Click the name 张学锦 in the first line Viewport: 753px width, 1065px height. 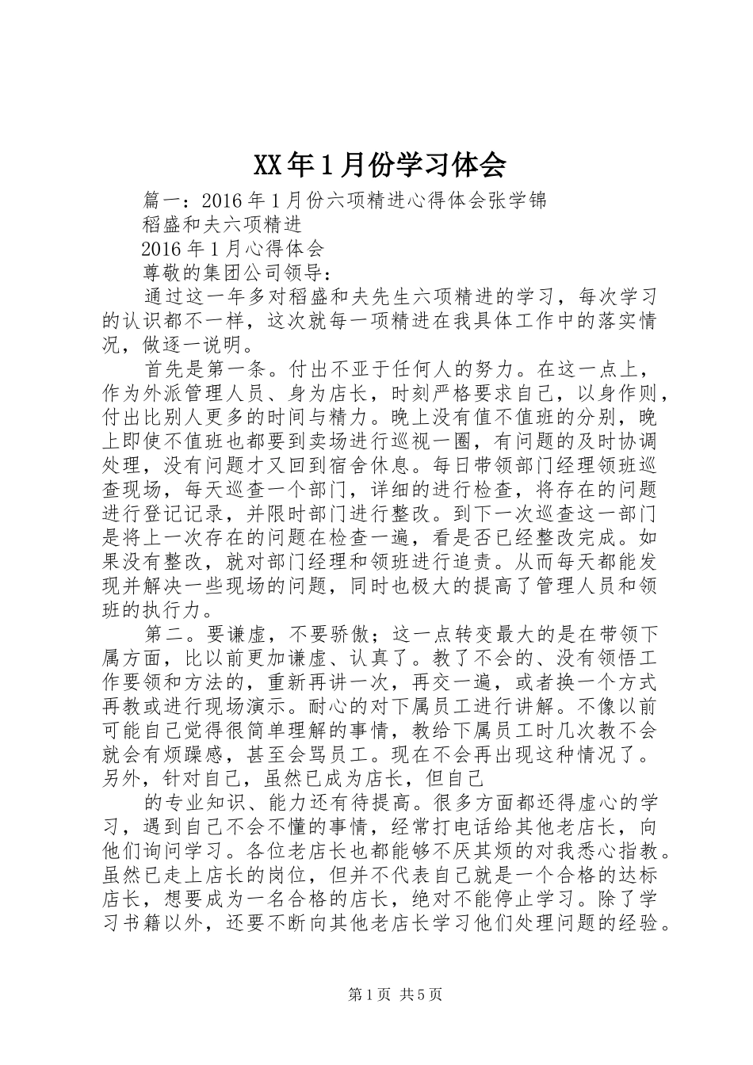tap(518, 200)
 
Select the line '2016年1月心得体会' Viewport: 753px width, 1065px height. tap(233, 249)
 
